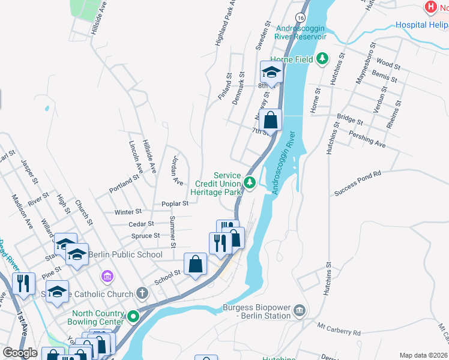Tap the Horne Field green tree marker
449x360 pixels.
tap(322, 58)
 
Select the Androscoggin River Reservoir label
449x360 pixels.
tap(300, 32)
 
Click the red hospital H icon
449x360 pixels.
tap(430, 7)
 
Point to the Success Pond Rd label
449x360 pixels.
tap(358, 175)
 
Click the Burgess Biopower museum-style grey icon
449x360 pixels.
tap(299, 311)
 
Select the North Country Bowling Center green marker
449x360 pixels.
tap(133, 315)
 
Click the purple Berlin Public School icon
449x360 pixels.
tap(107, 277)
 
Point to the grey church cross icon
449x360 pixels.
tap(141, 293)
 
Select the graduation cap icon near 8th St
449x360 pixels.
tap(271, 73)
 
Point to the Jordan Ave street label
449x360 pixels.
tap(177, 170)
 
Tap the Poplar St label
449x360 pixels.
tap(175, 203)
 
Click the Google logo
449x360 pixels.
tap(20, 353)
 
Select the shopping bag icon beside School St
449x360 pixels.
tap(196, 263)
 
